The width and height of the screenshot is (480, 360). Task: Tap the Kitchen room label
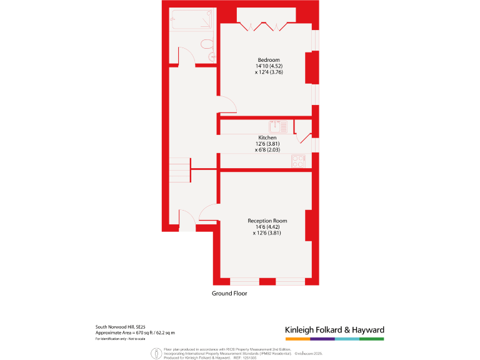tap(267, 137)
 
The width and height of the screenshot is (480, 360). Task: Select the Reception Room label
tap(267, 221)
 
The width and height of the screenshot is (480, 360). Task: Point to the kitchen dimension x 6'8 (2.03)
tap(267, 150)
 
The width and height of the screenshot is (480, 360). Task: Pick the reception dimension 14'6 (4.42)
tap(267, 227)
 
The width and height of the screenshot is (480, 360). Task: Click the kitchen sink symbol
tap(279, 126)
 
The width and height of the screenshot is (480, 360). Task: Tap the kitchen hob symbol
tap(298, 161)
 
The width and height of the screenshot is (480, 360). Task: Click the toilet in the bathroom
tap(207, 46)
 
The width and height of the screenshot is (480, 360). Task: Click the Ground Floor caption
tap(229, 293)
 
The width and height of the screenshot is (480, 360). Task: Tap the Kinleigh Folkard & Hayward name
tap(334, 330)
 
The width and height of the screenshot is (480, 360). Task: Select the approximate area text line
tap(135, 332)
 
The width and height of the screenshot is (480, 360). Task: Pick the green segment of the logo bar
tap(372, 339)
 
